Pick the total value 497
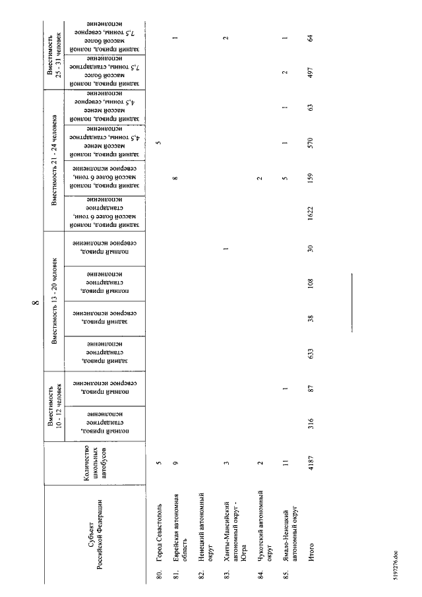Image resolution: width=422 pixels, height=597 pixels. tap(309, 75)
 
